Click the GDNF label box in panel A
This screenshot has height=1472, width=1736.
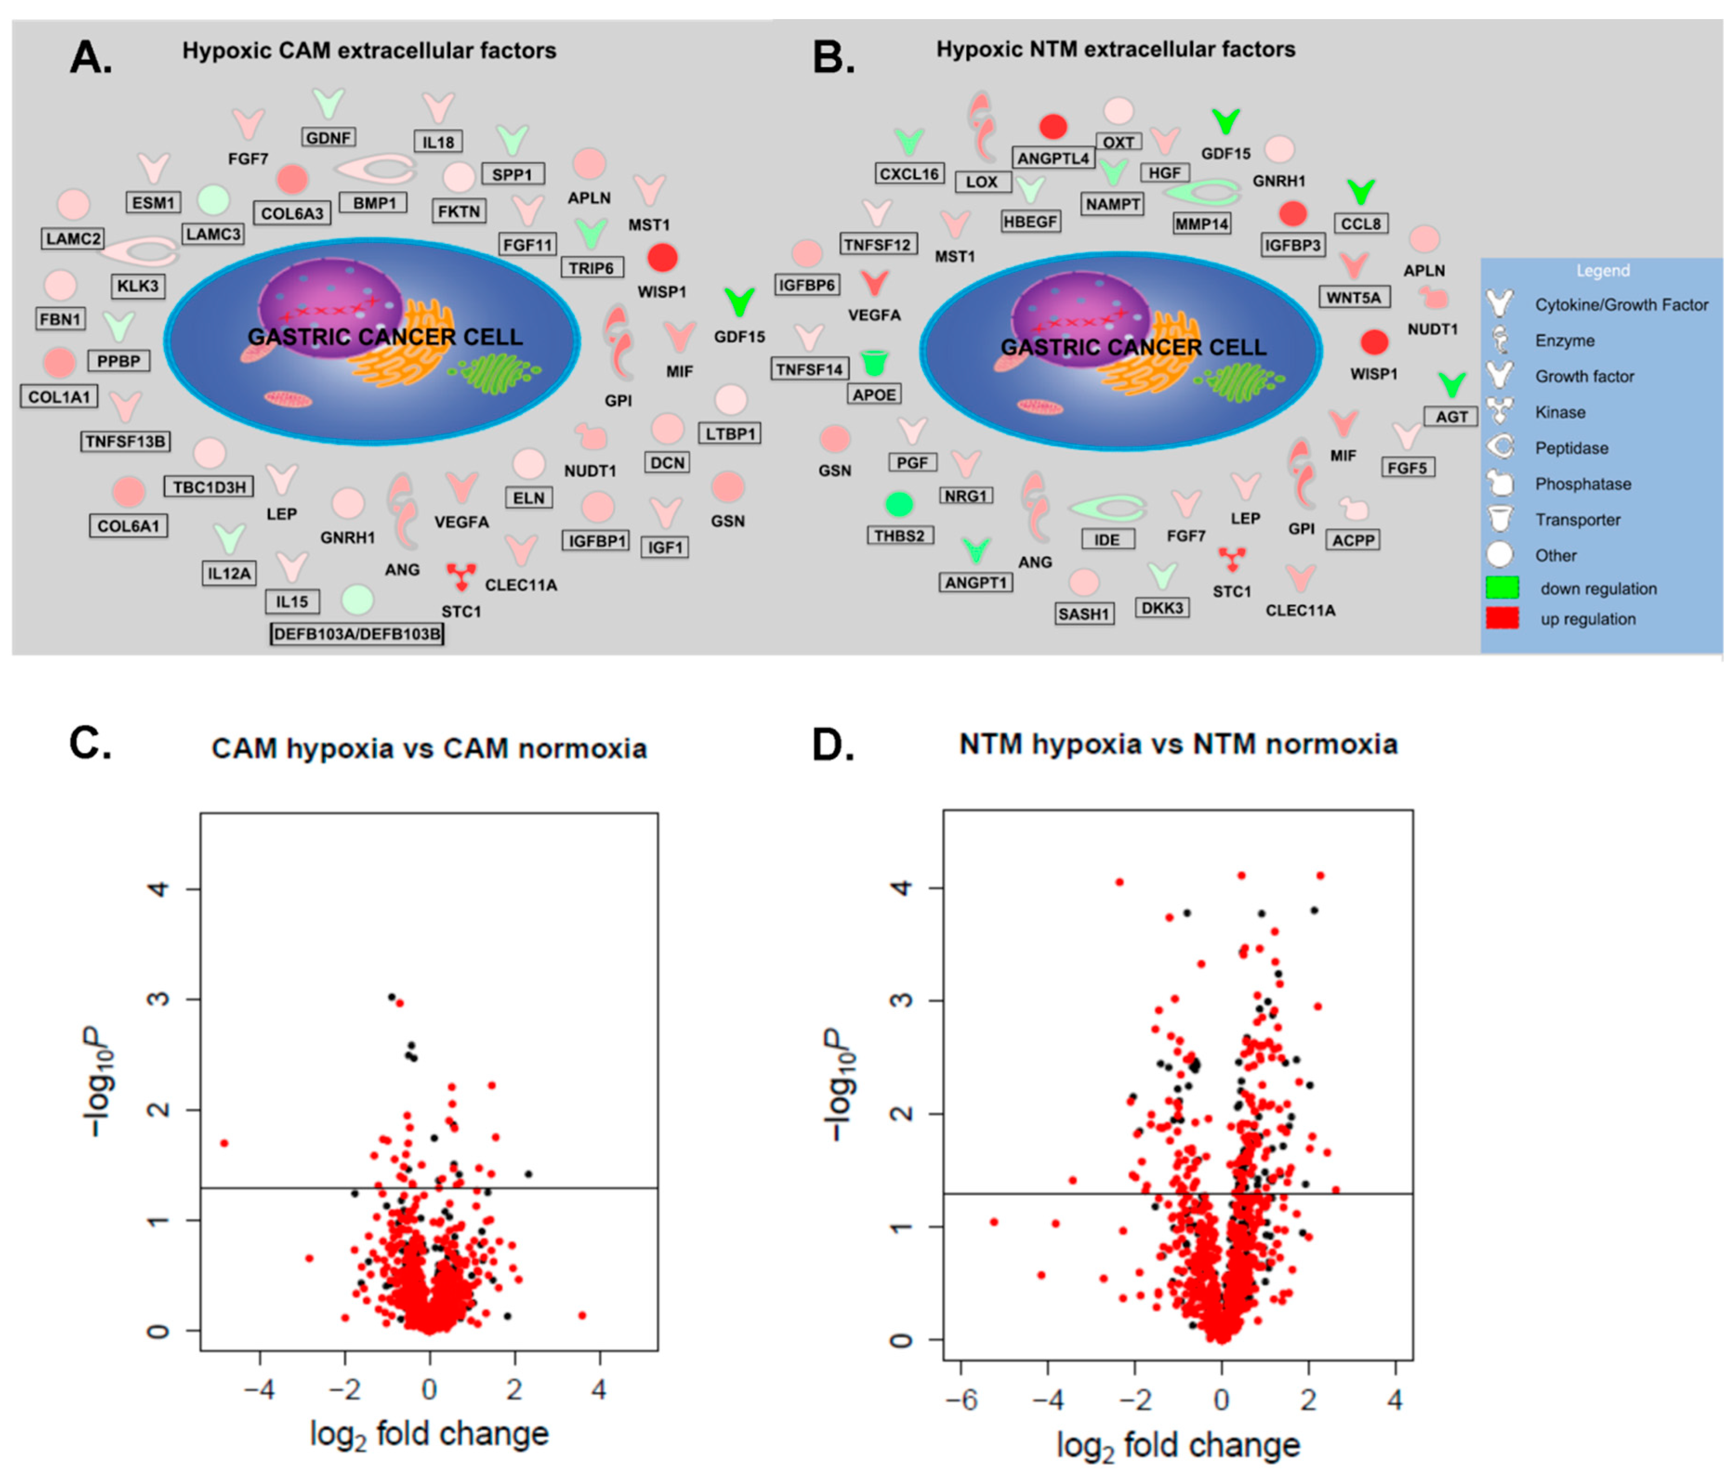tap(328, 138)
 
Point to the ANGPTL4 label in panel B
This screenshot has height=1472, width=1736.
tap(1053, 158)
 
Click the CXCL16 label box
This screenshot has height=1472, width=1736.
tap(909, 174)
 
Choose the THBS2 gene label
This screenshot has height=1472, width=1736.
tap(899, 536)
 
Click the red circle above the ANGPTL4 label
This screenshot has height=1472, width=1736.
tap(1053, 127)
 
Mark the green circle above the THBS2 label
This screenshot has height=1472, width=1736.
tap(899, 504)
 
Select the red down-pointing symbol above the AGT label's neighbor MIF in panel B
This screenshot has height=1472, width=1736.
tap(1343, 423)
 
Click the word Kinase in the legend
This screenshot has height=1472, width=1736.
tap(1560, 412)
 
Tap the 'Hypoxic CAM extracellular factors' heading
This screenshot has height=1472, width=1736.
tap(369, 51)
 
